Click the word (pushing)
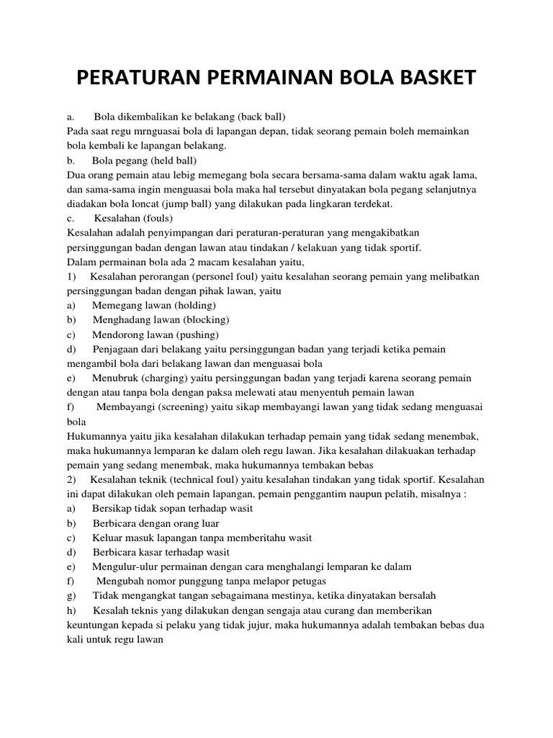click(194, 334)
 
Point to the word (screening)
click(185, 407)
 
